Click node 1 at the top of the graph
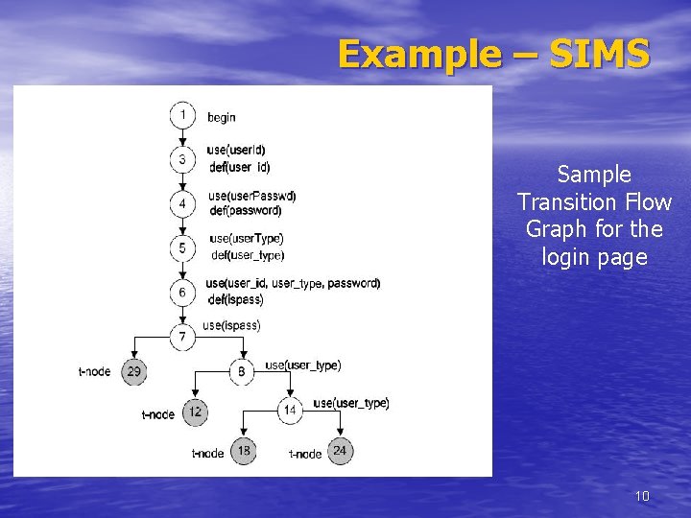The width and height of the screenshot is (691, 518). pos(183,115)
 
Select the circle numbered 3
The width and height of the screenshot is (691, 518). pos(183,159)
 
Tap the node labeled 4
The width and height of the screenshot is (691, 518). pos(183,203)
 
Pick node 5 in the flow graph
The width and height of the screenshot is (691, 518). pos(183,247)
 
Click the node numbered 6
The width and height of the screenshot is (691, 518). pos(183,291)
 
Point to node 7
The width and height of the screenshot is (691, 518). pos(183,336)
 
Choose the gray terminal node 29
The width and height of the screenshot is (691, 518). pos(134,371)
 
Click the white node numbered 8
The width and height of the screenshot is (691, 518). pos(241,371)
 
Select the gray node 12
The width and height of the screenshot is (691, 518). pos(195,412)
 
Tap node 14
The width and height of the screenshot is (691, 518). pos(291,411)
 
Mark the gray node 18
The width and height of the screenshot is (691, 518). pos(243,451)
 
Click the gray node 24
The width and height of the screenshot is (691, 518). pos(340,451)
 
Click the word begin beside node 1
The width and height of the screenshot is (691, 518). pos(222,117)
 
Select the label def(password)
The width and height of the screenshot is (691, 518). pos(246,210)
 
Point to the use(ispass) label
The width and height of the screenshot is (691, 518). pos(231,325)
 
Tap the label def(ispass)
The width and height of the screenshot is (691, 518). pos(236,299)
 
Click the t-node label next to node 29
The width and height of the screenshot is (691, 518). pos(95,371)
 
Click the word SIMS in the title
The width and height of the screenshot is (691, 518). pos(600,55)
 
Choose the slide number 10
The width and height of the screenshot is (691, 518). pos(642,496)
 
